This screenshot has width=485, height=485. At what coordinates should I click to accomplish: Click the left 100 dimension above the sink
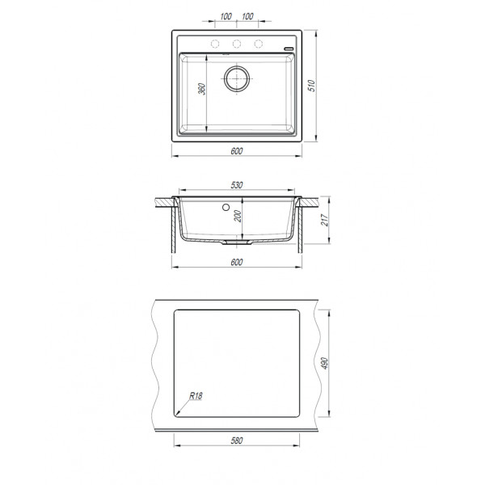point(226,16)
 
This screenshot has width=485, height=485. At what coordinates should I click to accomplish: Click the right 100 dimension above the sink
point(248,16)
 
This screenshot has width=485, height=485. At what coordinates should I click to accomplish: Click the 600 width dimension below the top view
point(237,150)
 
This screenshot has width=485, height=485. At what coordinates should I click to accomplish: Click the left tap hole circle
point(216,43)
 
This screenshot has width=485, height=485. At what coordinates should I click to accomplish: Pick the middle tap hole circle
point(237,43)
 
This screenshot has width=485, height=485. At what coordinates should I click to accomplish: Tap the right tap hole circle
point(259,43)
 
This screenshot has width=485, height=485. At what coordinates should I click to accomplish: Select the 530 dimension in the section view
point(237,185)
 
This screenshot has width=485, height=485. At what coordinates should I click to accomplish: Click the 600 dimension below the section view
point(237,263)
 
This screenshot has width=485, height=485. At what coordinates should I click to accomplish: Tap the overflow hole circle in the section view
point(224,207)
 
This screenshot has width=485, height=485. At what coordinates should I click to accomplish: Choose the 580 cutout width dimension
point(237,441)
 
